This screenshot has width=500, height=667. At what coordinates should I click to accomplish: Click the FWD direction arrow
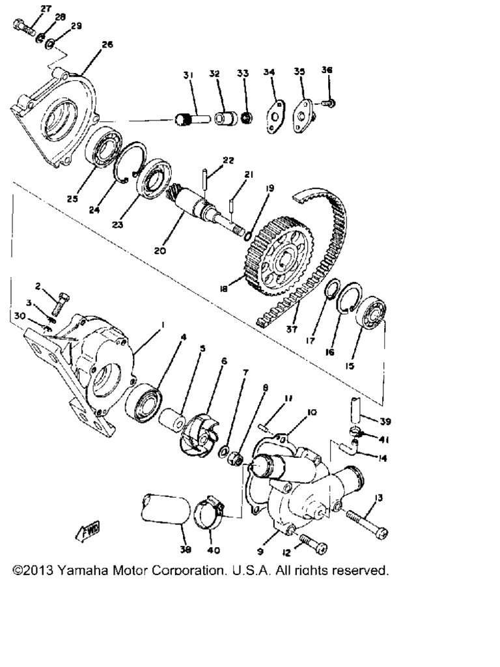click(88, 531)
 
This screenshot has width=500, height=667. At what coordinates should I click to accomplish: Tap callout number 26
click(107, 44)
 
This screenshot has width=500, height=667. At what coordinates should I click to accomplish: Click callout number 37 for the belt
click(292, 329)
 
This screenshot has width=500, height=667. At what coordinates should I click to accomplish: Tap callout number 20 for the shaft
click(160, 251)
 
